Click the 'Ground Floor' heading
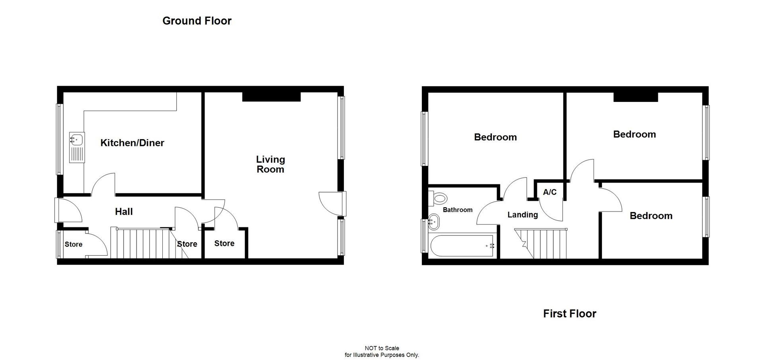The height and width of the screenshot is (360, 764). click(197, 21)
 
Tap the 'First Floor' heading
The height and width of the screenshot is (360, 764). click(569, 313)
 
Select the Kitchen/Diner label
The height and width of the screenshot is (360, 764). click(132, 143)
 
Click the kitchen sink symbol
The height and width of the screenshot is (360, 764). click(77, 147)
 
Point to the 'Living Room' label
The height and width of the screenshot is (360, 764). click(270, 164)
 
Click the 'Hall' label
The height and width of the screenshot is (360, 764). click(124, 212)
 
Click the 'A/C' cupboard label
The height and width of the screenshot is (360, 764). click(550, 192)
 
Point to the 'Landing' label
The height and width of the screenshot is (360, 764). click(522, 215)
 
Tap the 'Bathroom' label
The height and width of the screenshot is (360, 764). click(458, 210)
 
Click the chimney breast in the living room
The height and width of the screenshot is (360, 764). click(271, 97)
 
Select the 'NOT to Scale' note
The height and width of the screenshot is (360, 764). click(382, 348)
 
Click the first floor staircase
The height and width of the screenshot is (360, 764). click(543, 243)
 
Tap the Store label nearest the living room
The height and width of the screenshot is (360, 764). click(224, 243)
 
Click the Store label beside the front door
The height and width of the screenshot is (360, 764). click(74, 244)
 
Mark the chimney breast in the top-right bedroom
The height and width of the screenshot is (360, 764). click(635, 97)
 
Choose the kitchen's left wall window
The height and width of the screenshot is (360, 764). click(59, 139)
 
